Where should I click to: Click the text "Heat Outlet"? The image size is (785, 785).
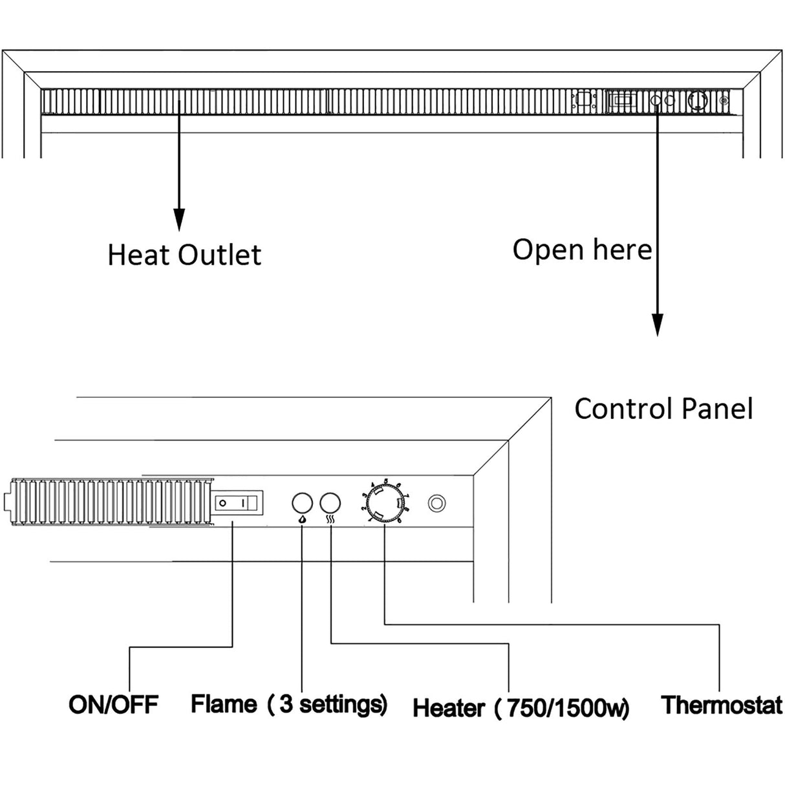click(184, 255)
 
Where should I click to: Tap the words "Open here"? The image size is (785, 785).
click(582, 250)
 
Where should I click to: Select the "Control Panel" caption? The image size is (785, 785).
click(663, 409)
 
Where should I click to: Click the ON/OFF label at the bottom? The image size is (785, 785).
click(113, 704)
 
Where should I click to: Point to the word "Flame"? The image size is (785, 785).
click(223, 704)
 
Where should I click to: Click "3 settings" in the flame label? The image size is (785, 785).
click(332, 704)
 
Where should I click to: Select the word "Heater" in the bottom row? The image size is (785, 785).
click(448, 707)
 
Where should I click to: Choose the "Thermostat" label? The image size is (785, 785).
click(721, 704)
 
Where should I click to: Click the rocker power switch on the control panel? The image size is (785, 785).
click(239, 502)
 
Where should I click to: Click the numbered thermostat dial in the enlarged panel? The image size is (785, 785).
click(384, 502)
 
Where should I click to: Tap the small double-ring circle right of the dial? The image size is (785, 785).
click(437, 503)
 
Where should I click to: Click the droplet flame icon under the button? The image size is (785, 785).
click(302, 519)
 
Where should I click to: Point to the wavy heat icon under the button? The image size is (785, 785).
click(330, 519)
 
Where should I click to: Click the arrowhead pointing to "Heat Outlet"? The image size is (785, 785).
click(179, 220)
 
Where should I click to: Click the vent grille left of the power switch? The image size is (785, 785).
click(110, 502)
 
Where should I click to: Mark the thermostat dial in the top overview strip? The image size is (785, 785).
click(698, 101)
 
